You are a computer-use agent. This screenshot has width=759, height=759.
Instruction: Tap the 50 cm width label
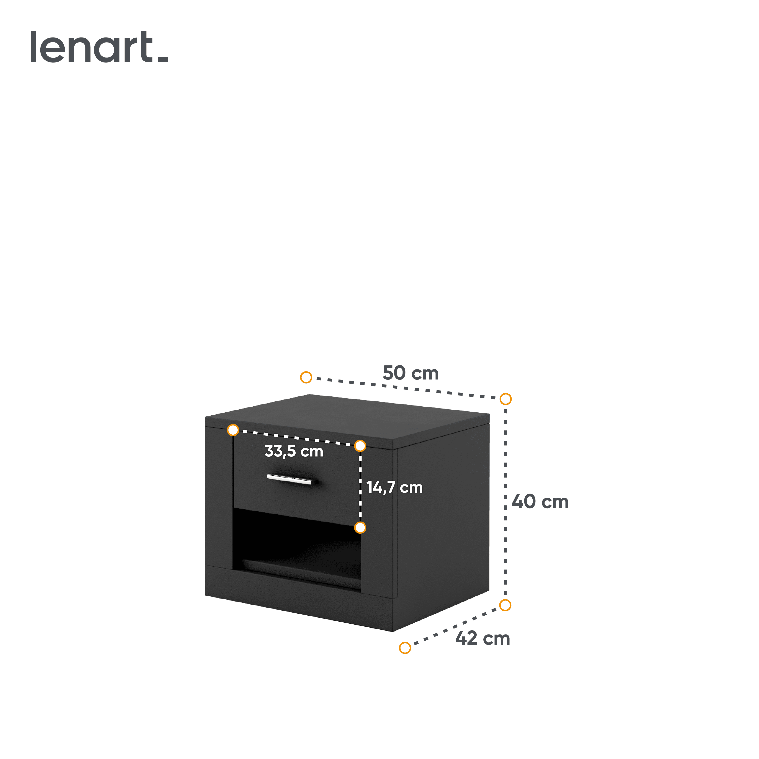point(411,373)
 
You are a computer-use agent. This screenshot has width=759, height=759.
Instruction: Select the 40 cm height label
point(540,502)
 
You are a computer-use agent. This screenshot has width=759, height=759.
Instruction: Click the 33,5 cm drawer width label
point(294,451)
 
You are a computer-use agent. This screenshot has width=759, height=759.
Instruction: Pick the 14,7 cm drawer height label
point(394,487)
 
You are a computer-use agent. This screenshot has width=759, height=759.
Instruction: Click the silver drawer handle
point(291,479)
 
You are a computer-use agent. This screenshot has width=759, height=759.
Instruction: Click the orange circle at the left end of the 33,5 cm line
point(233,430)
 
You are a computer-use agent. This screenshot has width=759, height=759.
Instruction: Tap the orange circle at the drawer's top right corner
point(360,446)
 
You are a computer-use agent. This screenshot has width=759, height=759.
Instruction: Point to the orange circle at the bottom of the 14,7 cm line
point(360,528)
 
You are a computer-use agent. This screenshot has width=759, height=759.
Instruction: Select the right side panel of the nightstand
point(442,522)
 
